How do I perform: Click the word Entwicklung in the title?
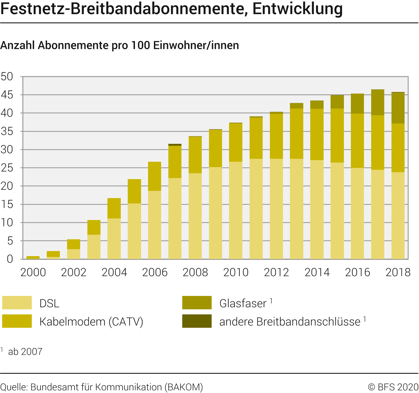(x=297, y=9)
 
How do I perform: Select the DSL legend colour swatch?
(x=17, y=303)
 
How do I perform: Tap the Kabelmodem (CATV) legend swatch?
(x=17, y=321)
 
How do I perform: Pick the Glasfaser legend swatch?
(x=197, y=303)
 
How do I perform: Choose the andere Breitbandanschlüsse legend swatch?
(x=197, y=321)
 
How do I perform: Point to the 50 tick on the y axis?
(x=7, y=77)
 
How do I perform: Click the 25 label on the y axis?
(x=7, y=168)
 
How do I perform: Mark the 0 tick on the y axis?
(x=10, y=259)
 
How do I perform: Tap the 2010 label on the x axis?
(x=236, y=272)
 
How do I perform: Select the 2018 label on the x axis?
(x=398, y=272)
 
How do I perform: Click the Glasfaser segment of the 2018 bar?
(x=398, y=108)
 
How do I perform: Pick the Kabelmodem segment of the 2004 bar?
(x=114, y=208)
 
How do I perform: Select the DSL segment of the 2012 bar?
(x=276, y=209)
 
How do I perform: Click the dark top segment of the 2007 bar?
(x=175, y=145)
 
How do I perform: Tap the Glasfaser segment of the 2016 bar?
(x=357, y=104)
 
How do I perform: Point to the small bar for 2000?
(x=33, y=257)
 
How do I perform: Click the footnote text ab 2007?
(x=25, y=352)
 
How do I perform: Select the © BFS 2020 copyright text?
(x=393, y=387)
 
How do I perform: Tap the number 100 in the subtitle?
(x=140, y=45)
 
